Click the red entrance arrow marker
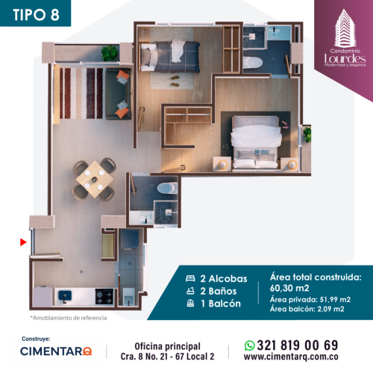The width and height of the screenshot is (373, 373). (x=23, y=242)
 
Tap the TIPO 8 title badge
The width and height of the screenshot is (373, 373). (x=35, y=13)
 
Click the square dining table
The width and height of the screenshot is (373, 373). (x=95, y=179)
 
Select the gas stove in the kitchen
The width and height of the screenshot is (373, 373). (x=104, y=296)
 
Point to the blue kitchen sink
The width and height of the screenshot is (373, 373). (x=65, y=295)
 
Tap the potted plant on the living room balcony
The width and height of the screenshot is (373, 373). (x=110, y=53)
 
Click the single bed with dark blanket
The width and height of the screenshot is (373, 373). (x=170, y=57)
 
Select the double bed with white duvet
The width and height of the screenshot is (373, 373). (x=256, y=142)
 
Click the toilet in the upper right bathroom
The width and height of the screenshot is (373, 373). (x=253, y=63)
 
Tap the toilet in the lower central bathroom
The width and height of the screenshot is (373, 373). (x=168, y=188)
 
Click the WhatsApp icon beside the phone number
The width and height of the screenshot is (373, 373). (x=249, y=345)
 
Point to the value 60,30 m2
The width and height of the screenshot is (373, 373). (x=289, y=288)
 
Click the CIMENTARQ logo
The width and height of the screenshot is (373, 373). (x=56, y=351)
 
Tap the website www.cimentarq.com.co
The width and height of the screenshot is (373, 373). (x=291, y=357)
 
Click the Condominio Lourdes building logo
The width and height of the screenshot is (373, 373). (x=345, y=38)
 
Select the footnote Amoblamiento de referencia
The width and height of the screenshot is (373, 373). (x=69, y=318)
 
